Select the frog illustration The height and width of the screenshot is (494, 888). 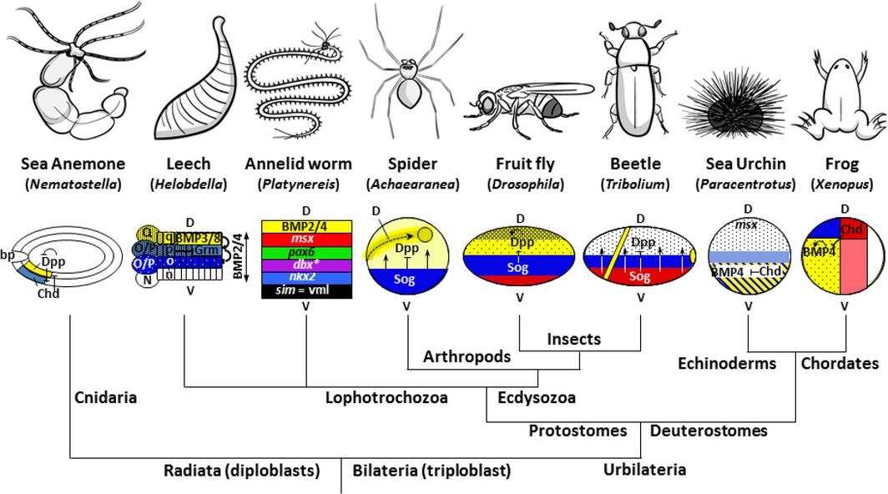click(x=841, y=83)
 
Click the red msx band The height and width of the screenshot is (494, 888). click(x=306, y=239)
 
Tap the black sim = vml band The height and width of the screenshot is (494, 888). click(x=306, y=290)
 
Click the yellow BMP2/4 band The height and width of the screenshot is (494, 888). click(x=306, y=226)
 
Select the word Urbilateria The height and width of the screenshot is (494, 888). click(x=644, y=469)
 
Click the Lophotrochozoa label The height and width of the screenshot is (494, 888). click(x=386, y=397)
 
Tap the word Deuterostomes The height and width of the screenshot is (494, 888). click(x=709, y=431)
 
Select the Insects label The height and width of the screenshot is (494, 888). click(x=573, y=339)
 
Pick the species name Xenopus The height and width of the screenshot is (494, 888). click(x=845, y=184)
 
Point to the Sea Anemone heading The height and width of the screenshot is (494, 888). click(x=73, y=164)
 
